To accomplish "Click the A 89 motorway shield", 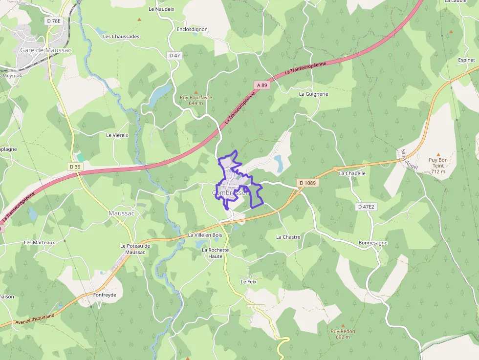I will [262, 85].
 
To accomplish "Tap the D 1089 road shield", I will [307, 183].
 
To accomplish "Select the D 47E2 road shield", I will [366, 207].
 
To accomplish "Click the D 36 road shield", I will [75, 167].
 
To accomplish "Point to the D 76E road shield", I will [54, 21].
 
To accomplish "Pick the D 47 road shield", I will [174, 55].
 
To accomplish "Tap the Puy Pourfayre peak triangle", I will [196, 92].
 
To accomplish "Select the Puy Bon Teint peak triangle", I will [438, 154].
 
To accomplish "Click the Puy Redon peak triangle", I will [343, 325].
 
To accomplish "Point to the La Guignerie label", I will [314, 94].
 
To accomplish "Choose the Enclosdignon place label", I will [192, 29].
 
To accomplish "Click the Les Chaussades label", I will [121, 37].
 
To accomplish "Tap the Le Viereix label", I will [117, 135].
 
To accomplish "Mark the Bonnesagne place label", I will [373, 243].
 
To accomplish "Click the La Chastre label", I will [288, 237].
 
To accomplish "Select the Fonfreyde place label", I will [104, 295].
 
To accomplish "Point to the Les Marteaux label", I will [40, 242].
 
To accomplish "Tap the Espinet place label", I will [466, 60].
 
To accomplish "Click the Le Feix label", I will [248, 282].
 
